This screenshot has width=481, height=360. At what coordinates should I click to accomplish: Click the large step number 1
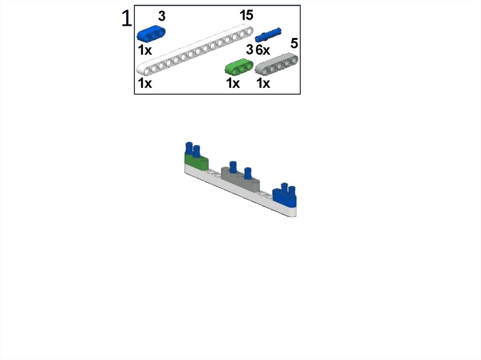tap(127, 18)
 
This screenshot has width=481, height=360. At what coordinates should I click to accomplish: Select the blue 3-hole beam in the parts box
tap(151, 33)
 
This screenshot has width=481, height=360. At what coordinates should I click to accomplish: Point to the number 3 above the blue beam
tap(162, 16)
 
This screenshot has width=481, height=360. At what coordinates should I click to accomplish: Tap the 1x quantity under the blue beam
tap(145, 50)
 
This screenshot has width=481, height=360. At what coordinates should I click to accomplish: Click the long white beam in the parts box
tap(195, 49)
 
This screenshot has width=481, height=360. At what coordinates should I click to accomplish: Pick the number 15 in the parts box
tap(246, 15)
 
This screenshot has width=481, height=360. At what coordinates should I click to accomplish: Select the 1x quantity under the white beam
tap(145, 83)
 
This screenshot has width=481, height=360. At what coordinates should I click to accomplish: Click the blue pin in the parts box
tap(268, 35)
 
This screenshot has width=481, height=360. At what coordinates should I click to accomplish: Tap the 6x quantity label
tap(263, 50)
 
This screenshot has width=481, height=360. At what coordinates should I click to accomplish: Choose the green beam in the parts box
tap(239, 67)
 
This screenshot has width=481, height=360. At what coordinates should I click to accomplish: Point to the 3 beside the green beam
tap(250, 49)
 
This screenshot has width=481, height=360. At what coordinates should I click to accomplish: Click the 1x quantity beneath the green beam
tap(233, 83)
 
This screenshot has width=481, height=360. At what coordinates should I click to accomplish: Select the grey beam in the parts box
tap(276, 64)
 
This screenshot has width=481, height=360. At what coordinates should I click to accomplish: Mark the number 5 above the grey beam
tap(294, 44)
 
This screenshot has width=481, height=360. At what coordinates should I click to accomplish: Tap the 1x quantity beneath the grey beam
tap(263, 83)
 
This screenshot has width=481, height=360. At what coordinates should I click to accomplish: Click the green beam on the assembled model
tap(196, 162)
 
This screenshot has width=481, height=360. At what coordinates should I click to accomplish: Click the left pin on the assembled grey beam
tap(233, 166)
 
